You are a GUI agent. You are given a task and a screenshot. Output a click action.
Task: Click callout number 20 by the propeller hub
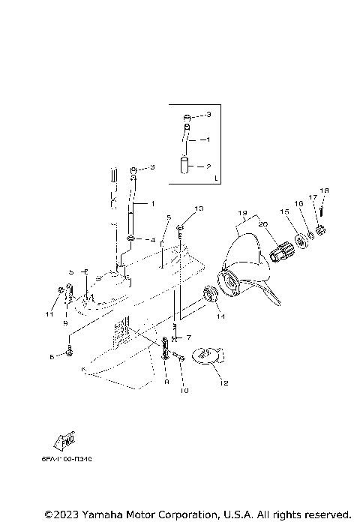click(263, 225)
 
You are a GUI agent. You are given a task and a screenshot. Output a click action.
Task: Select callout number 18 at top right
click(325, 190)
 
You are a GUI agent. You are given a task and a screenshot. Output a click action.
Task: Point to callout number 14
click(221, 316)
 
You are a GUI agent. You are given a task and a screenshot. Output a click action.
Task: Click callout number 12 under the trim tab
click(222, 382)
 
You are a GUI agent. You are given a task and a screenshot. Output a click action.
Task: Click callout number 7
click(189, 337)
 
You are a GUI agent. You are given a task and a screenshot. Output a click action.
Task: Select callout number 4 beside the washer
click(153, 241)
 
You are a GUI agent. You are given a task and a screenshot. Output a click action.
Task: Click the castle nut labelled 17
click(319, 229)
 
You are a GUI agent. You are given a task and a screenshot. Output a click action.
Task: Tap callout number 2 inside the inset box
click(209, 167)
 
